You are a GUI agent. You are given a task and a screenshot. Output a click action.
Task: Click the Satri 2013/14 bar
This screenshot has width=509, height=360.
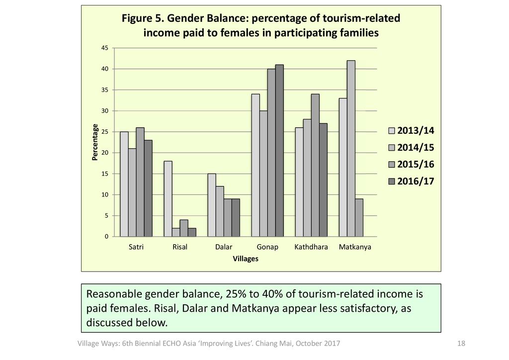coord(124,184)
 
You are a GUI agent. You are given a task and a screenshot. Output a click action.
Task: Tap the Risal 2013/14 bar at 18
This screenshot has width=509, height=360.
coord(168,199)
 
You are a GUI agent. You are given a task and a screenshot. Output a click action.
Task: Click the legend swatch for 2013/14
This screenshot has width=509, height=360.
coord(392,131)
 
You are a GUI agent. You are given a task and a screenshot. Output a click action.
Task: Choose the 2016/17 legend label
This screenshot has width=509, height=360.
coord(416,181)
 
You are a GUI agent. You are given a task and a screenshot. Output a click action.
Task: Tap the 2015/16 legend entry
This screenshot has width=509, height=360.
coord(416,165)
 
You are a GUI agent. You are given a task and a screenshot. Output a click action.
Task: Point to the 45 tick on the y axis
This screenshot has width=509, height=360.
coord(105,48)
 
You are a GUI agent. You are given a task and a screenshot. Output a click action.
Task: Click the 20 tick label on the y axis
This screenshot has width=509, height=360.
coord(105,153)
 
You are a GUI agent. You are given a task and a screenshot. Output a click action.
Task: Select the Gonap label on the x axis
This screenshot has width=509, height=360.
coord(267,247)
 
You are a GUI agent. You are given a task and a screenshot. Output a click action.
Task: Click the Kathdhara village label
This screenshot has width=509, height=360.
coord(311,247)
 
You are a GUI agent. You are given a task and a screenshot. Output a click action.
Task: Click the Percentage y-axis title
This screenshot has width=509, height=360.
coord(94,142)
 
